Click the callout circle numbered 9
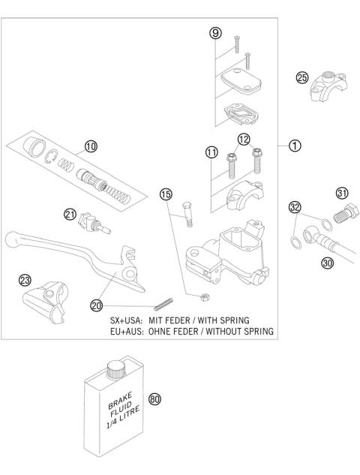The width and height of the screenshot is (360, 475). [214, 34]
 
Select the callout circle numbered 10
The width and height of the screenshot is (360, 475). [91, 147]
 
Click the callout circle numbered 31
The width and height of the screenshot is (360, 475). [343, 193]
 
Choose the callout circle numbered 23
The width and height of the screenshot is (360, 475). [25, 280]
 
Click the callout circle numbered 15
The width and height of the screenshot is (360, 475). [166, 194]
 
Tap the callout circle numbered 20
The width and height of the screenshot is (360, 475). [95, 305]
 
